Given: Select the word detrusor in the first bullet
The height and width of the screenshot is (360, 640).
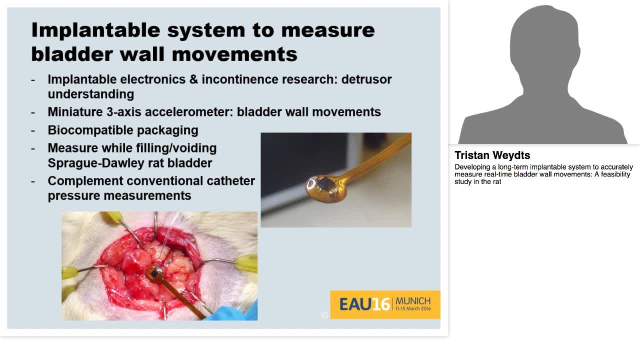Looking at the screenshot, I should pos(366,79).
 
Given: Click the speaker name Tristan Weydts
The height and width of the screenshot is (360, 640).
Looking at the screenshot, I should pos(492,155).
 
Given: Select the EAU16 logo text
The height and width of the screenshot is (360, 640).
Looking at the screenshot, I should pos(364,304).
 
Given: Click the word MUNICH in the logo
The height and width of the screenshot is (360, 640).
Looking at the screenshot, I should pos(412,301).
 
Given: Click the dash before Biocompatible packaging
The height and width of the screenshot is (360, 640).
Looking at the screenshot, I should pos(33,130).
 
